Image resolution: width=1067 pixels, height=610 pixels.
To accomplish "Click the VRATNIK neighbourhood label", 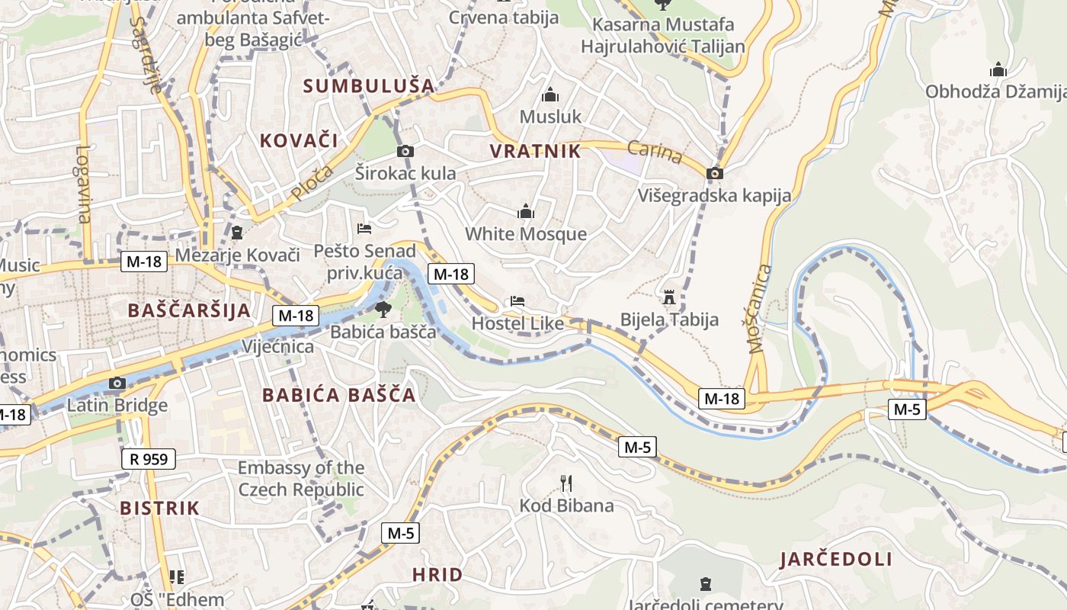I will tap(535, 151).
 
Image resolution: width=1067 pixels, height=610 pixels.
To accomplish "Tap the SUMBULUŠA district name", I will tap(369, 85).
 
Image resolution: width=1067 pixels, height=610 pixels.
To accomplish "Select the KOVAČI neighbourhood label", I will tap(299, 140).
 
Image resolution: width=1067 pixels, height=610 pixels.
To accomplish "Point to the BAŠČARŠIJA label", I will tap(190, 310).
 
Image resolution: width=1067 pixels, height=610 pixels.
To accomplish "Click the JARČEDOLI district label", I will tap(836, 559).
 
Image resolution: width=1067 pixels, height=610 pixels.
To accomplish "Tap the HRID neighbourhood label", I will tap(437, 574).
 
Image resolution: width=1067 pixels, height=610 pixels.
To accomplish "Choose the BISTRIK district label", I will tap(160, 508).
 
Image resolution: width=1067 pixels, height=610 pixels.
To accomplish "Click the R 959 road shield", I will tap(149, 459).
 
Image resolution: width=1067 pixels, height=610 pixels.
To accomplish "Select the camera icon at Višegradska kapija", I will tap(715, 174).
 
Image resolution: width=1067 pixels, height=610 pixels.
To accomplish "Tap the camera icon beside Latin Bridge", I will tap(117, 384).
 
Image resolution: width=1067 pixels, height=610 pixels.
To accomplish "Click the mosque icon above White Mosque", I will tap(526, 212).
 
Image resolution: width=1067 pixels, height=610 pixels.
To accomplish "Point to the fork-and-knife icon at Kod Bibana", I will tap(566, 483).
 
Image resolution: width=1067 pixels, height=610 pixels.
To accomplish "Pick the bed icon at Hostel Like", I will tap(518, 301).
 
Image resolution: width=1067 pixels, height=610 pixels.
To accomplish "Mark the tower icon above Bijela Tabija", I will tap(670, 297).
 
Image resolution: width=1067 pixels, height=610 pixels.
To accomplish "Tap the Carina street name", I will tap(655, 152).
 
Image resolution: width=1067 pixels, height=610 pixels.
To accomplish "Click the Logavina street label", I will tap(83, 184).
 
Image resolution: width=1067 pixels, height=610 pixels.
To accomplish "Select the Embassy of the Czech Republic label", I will tap(301, 478).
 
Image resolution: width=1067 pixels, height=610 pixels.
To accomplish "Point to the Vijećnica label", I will tap(277, 347).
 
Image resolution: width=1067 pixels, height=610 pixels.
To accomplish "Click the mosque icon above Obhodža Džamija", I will tap(998, 69).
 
